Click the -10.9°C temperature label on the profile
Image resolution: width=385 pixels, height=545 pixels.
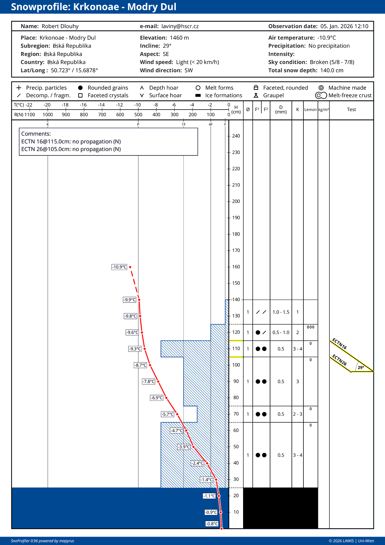(119, 267)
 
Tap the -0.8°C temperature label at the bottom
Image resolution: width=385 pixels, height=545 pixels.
(212, 524)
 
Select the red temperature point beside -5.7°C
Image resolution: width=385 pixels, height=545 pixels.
(177, 414)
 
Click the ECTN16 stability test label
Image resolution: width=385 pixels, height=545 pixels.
(340, 344)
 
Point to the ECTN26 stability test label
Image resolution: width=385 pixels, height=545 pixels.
(340, 360)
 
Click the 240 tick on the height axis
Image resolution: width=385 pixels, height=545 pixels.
(236, 136)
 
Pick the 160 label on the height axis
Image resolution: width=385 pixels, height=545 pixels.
(236, 267)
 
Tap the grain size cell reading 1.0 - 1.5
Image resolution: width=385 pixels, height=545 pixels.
(281, 312)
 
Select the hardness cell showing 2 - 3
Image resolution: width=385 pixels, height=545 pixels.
(298, 414)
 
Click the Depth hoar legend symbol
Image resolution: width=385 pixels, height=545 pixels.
(142, 88)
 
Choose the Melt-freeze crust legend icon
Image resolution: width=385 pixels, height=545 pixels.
(321, 95)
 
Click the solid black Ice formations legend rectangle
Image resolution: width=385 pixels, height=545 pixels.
(198, 95)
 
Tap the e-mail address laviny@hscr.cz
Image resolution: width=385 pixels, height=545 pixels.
(180, 26)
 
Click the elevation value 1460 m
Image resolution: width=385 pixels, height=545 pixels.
(179, 38)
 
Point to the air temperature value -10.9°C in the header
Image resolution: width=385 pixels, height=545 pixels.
(326, 38)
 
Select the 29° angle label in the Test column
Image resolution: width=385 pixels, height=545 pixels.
(361, 368)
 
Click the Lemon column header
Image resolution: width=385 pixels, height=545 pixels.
(310, 110)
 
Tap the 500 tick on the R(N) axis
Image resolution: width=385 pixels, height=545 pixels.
(138, 115)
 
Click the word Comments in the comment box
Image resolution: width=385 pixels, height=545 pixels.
(36, 134)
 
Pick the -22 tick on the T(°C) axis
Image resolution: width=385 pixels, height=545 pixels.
(29, 105)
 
